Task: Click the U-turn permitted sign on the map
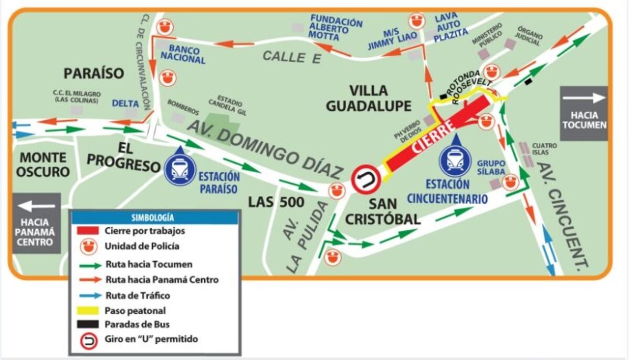pos(365,179)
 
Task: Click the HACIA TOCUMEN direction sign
pos(583,113)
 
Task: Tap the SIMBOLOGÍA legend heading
pos(155,217)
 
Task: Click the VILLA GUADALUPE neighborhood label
pos(368,98)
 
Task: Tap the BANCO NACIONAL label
pos(183,55)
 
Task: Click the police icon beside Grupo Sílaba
pos(509,182)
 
